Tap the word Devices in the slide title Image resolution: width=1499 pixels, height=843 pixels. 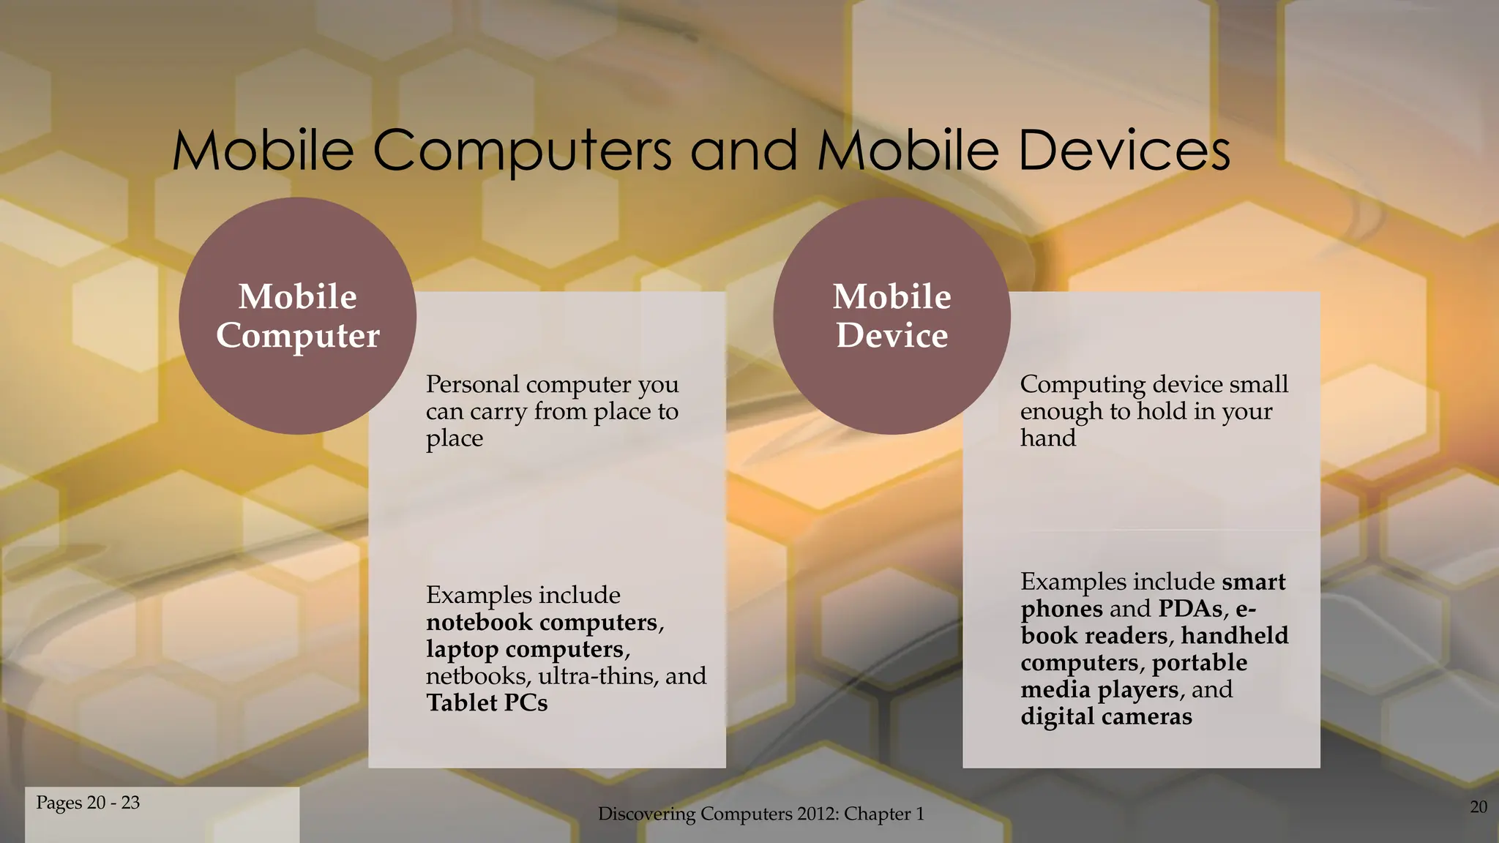pyautogui.click(x=1124, y=151)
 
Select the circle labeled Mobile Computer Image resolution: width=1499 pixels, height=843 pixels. pyautogui.click(x=298, y=316)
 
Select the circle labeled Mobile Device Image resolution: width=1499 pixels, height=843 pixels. pyautogui.click(x=891, y=316)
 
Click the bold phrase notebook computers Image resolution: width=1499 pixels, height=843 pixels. pyautogui.click(x=542, y=623)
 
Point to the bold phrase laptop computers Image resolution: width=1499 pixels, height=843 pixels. pyautogui.click(x=525, y=650)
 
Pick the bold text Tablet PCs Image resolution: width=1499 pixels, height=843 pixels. pyautogui.click(x=487, y=703)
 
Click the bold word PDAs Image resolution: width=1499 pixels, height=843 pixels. pyautogui.click(x=1190, y=609)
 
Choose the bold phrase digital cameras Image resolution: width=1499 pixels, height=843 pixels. pyautogui.click(x=1106, y=716)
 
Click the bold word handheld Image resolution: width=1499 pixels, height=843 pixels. pyautogui.click(x=1234, y=636)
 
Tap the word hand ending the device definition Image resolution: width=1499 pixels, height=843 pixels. pyautogui.click(x=1048, y=438)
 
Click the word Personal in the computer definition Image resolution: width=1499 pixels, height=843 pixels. pyautogui.click(x=472, y=384)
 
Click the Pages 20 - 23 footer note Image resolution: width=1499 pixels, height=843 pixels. pyautogui.click(x=88, y=803)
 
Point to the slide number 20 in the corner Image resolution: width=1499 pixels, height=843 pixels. pyautogui.click(x=1479, y=807)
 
